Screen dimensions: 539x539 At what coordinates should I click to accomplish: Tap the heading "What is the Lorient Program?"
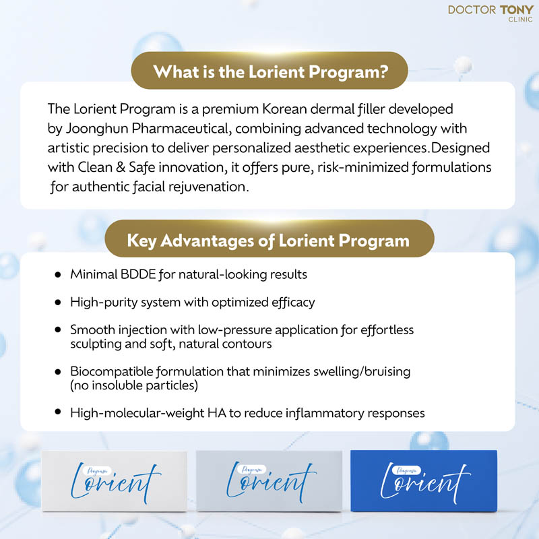click(270, 71)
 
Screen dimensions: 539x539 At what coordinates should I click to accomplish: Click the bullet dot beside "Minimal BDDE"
click(57, 275)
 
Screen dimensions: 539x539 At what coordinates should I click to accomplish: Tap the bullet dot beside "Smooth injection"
click(57, 331)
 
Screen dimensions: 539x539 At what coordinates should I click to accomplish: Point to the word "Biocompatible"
click(108, 372)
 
